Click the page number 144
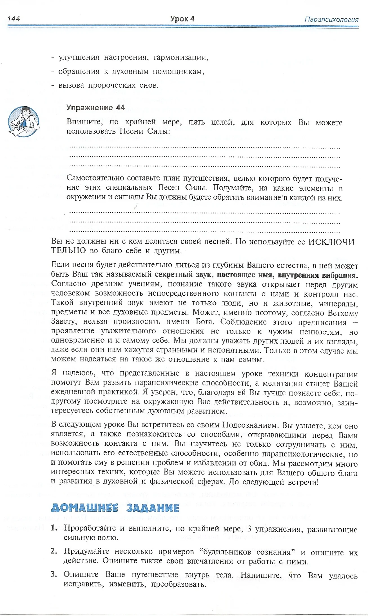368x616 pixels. pos(14,19)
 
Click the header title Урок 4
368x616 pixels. pos(182,19)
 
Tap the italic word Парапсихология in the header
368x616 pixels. pos(331,19)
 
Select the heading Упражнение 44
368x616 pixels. pos(95,107)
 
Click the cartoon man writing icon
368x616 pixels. pos(24,122)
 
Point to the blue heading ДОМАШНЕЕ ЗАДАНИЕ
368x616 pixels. pos(115,508)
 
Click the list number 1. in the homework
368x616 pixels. pos(54,528)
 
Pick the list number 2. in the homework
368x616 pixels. pos(54,551)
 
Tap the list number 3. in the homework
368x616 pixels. pos(54,574)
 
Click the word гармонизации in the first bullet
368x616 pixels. pos(181,58)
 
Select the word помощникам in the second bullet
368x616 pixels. pos(178,72)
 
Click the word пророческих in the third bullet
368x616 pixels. pos(112,85)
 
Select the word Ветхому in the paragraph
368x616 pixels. pos(343,313)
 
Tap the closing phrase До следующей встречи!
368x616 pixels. pos(273,482)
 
